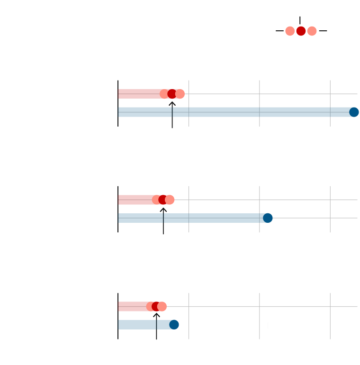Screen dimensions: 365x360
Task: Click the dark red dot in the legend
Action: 301,31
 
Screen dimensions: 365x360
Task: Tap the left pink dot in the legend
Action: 290,31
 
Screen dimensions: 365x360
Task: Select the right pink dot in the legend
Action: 312,31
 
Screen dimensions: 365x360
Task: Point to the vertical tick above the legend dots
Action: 300,20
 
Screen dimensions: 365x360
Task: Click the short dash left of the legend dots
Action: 279,31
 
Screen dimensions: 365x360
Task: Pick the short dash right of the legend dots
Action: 323,31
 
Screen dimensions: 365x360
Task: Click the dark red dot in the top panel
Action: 172,94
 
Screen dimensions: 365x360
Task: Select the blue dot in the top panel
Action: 354,112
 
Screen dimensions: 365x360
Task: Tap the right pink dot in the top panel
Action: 180,94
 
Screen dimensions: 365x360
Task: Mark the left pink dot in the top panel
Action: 164,94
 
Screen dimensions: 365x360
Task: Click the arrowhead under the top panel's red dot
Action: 172,103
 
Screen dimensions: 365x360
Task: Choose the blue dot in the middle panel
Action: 268,218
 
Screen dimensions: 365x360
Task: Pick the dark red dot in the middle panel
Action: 163,200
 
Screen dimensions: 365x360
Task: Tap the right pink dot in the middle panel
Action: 170,200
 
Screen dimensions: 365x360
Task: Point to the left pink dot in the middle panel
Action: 156,200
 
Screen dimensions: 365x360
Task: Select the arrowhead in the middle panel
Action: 163,209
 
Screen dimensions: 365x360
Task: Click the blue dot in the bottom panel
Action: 174,325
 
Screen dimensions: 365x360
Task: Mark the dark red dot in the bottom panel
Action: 156,306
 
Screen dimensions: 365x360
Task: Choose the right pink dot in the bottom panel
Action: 162,306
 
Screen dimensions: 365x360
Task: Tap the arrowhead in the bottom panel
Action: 156,315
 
